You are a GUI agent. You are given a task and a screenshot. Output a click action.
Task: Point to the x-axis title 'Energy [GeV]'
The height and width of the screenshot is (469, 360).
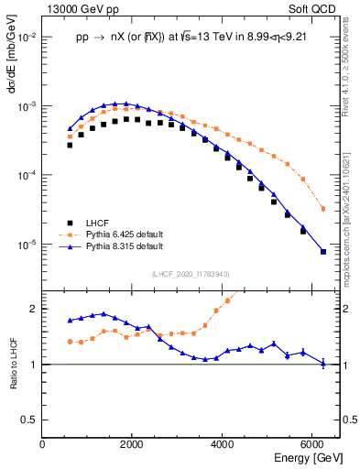click(x=307, y=458)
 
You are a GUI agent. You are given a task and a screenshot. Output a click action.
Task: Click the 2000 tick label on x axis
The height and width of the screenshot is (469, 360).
click(x=133, y=444)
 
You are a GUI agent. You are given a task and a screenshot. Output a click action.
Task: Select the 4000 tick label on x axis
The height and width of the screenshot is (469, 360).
click(x=223, y=444)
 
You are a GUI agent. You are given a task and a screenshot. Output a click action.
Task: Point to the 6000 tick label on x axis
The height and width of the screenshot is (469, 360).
click(x=312, y=444)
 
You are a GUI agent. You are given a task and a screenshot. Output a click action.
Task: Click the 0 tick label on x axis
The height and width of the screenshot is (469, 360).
click(x=43, y=444)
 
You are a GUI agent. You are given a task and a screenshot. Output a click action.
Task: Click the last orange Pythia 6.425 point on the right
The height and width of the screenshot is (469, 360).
click(x=323, y=209)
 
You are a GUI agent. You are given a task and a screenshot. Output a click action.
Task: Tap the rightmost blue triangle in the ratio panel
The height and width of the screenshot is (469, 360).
click(x=323, y=364)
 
